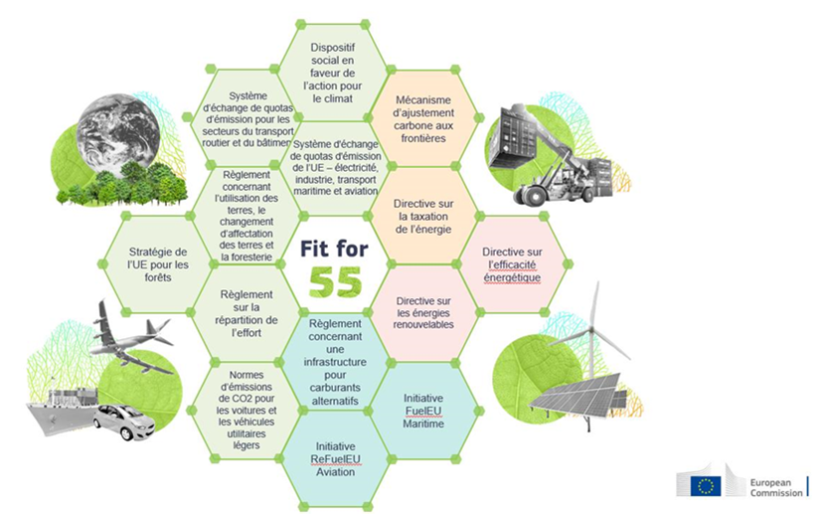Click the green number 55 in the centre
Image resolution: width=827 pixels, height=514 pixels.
[329, 283]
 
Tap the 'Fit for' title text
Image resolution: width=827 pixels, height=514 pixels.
[330, 249]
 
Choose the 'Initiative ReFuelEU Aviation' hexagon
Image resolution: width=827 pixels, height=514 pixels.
[333, 458]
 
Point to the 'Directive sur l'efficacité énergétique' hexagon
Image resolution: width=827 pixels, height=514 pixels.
[512, 264]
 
